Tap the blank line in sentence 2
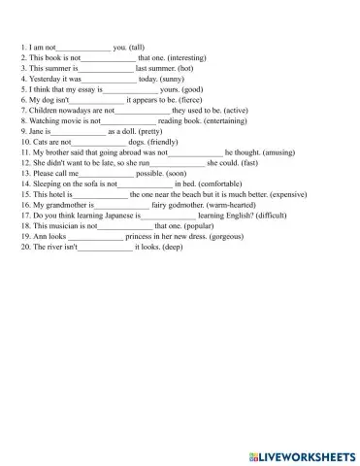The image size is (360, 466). pos(108,58)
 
